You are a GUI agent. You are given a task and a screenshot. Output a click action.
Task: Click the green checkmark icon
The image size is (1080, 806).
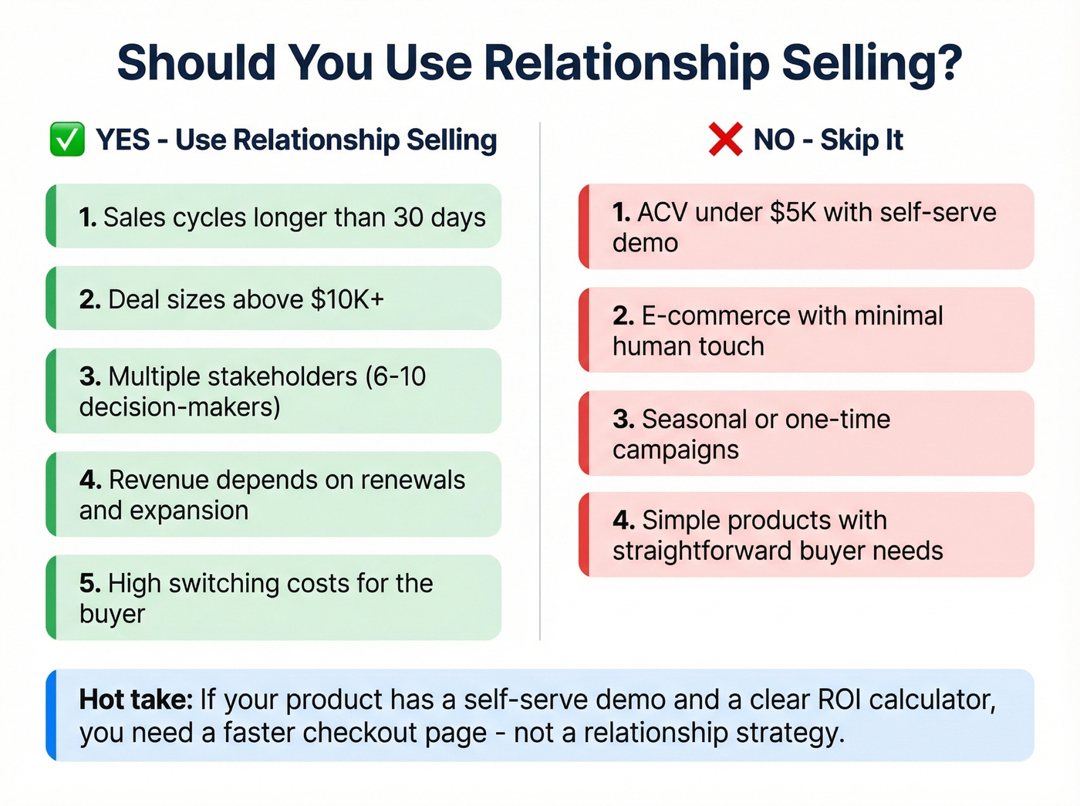pyautogui.click(x=67, y=140)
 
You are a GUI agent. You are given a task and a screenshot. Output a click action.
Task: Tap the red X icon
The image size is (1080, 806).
pyautogui.click(x=725, y=140)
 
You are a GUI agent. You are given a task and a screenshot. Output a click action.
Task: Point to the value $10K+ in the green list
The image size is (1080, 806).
pyautogui.click(x=347, y=299)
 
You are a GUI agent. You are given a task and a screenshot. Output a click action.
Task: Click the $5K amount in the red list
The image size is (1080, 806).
pyautogui.click(x=793, y=212)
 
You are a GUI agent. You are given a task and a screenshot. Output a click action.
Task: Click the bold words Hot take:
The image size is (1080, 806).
pyautogui.click(x=136, y=700)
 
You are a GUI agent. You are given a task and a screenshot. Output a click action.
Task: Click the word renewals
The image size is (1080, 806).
pyautogui.click(x=413, y=480)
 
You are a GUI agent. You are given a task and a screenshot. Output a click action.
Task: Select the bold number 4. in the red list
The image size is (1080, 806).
pyautogui.click(x=623, y=521)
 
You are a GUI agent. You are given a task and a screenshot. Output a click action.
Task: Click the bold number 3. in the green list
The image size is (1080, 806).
pyautogui.click(x=90, y=376)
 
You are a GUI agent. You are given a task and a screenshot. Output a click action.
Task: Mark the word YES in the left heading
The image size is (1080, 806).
pyautogui.click(x=123, y=140)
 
